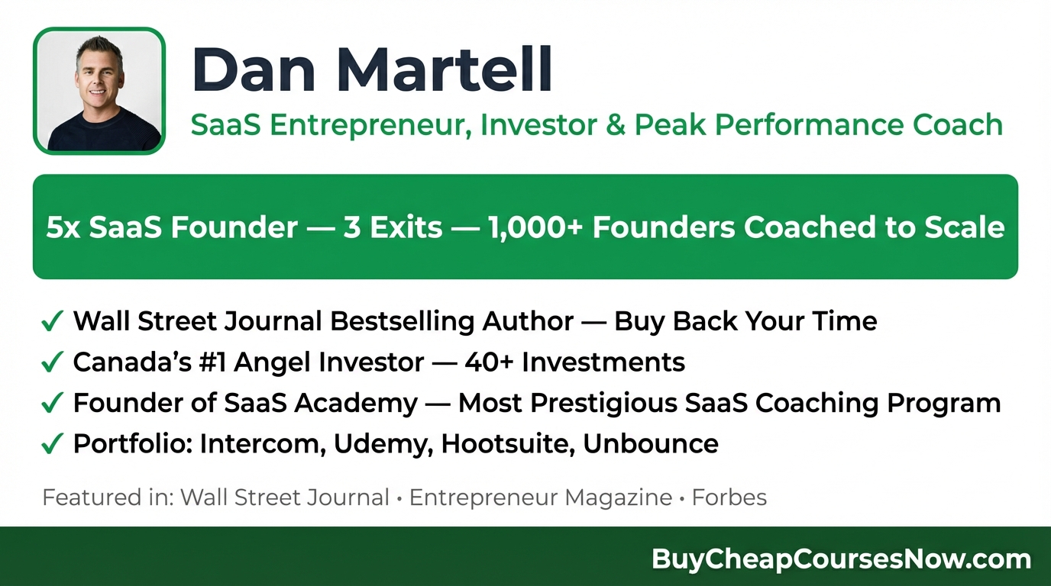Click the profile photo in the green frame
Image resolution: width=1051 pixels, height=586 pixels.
coord(99,92)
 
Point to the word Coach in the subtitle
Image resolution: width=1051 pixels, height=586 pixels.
coord(959,124)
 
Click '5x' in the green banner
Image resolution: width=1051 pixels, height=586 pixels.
coord(63,227)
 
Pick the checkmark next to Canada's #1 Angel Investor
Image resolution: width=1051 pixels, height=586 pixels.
coord(51,363)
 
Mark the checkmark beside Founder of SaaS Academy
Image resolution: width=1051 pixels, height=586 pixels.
coord(51,404)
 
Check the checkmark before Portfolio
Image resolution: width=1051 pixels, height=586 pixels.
coord(51,444)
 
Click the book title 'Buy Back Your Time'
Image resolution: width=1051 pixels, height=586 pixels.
coord(745,321)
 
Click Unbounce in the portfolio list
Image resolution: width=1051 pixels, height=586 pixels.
coord(651,443)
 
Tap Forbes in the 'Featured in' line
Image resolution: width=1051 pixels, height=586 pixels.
coord(729,498)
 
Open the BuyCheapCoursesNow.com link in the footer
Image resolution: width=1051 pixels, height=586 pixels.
coord(841,559)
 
